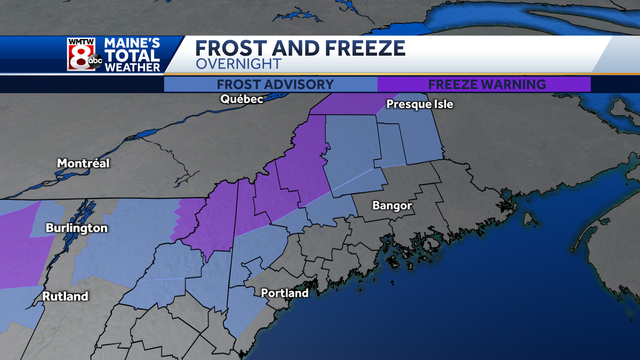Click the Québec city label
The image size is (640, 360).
point(242,99)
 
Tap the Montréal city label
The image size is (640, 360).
point(83,163)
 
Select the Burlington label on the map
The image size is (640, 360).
point(77,228)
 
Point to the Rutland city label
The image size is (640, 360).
point(66,296)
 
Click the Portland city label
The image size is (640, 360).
point(285,293)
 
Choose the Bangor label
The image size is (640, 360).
point(392,205)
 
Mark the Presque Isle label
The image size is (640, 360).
point(420,104)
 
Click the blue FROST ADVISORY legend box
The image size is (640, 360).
point(270,84)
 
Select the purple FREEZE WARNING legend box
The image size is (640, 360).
point(484,84)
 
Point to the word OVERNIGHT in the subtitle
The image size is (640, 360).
point(238,64)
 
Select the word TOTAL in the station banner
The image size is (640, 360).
point(132,55)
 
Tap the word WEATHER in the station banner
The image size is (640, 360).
point(132,67)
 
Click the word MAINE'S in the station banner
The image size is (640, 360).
point(132,43)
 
